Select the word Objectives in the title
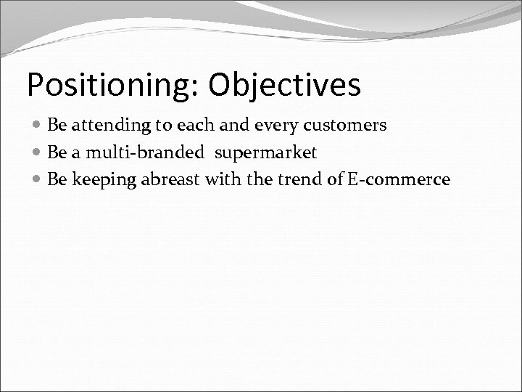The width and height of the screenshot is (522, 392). point(284,85)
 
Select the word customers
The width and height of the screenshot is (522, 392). point(350,125)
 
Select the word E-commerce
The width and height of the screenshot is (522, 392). point(399,179)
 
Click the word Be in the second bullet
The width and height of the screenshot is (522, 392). point(56,152)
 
